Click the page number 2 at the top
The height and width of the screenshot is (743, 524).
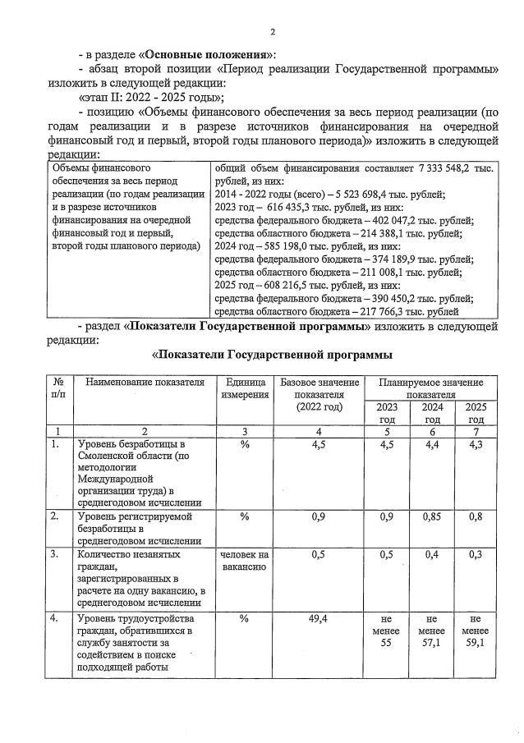(272, 32)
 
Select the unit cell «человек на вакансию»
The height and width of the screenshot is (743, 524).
(244, 561)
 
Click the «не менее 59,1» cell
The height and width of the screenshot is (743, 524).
(475, 631)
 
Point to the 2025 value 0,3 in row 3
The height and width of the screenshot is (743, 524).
(475, 555)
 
